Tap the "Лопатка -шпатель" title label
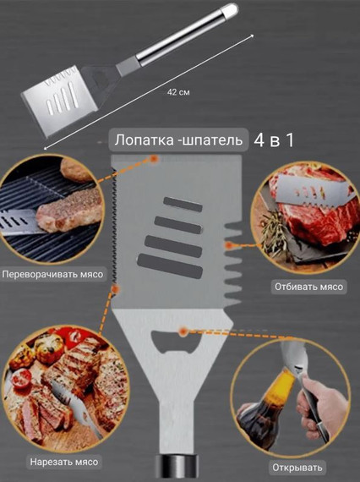pos(179,140)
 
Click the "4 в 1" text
pos(274,140)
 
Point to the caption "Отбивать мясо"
pos(308,287)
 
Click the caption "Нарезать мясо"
pos(63,462)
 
